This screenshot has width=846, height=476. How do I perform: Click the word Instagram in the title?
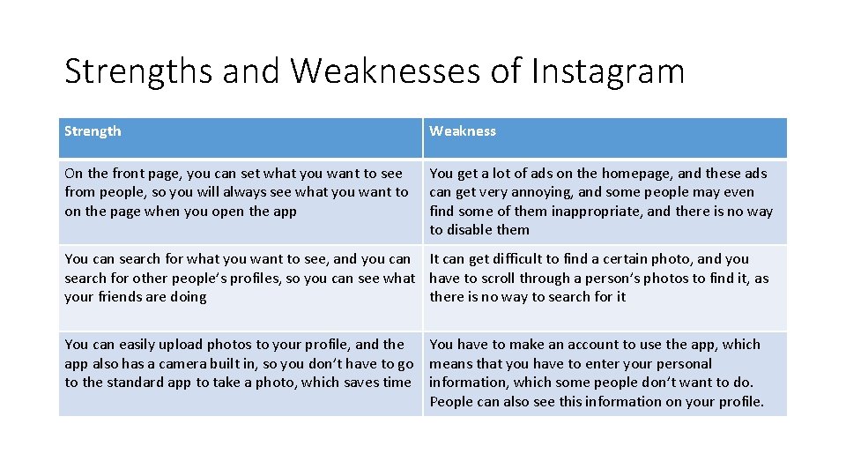pyautogui.click(x=608, y=71)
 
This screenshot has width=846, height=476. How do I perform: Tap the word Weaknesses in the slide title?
pyautogui.click(x=385, y=71)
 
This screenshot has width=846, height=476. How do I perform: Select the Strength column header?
pyautogui.click(x=93, y=131)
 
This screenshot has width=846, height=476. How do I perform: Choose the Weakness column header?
pyautogui.click(x=463, y=131)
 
